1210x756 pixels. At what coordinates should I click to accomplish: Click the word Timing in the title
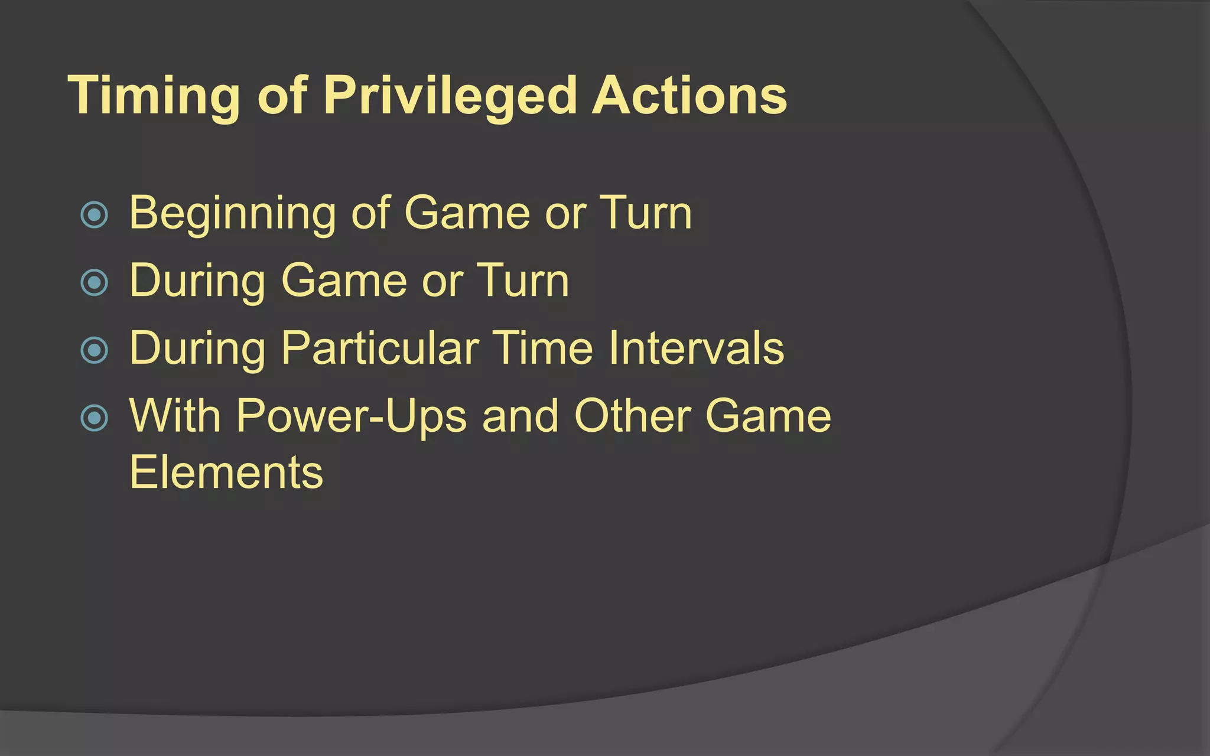pos(154,96)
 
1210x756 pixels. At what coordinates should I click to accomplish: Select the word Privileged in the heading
pos(450,96)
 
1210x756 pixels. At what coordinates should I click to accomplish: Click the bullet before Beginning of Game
pos(95,215)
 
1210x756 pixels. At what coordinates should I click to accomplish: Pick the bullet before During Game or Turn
pos(95,282)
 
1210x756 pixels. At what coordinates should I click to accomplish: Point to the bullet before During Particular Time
pos(95,350)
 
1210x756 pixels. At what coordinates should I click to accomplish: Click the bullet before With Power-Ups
pos(95,418)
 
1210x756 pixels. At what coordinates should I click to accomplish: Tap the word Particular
pos(379,348)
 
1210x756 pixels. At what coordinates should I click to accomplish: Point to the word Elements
pos(226,472)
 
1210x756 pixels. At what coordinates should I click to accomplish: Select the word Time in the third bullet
pos(542,348)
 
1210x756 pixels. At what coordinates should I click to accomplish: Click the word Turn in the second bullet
pos(522,281)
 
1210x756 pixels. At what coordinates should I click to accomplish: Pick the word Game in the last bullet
pos(768,416)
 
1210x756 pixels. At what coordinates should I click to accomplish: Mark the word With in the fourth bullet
pos(175,416)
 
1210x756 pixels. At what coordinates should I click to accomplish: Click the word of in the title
pos(282,96)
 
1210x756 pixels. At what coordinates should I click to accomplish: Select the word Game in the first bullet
pos(467,213)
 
